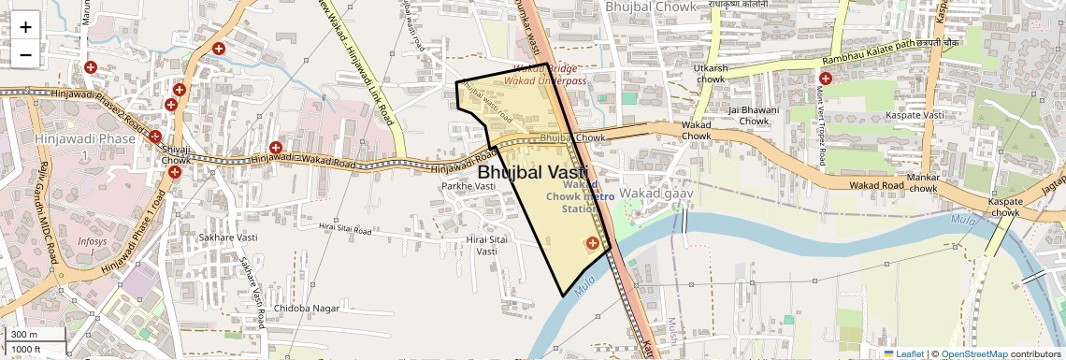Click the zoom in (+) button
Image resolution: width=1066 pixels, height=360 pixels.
(x=25, y=26)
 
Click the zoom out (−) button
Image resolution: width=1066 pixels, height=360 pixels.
(x=25, y=54)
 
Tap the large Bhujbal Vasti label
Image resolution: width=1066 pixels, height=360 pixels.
(x=532, y=172)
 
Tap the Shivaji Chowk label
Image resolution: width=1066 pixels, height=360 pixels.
(x=176, y=154)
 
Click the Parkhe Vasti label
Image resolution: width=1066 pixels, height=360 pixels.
(x=469, y=186)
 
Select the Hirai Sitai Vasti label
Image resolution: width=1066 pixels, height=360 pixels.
(x=486, y=246)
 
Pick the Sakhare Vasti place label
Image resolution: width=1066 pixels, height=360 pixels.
(x=222, y=238)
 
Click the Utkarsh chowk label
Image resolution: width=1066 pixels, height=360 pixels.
(x=711, y=74)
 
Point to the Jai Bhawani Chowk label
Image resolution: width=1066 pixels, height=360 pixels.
(x=754, y=115)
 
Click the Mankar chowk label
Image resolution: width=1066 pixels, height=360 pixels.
(x=923, y=182)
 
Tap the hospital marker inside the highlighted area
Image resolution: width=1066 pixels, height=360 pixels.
(x=591, y=243)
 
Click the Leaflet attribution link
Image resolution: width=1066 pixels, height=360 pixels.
(x=903, y=354)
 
